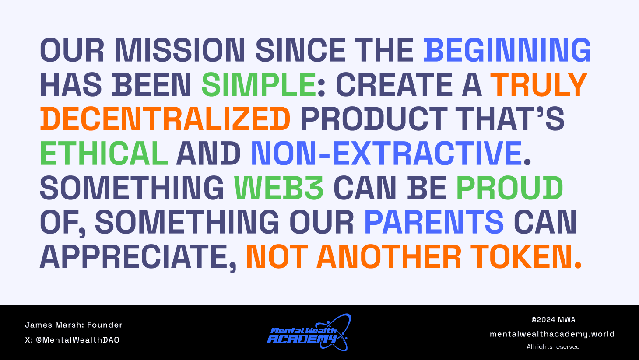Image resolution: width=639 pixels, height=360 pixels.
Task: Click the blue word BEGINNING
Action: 508,50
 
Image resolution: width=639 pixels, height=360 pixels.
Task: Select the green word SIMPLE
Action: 259,84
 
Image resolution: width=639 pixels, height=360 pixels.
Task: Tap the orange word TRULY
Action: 539,84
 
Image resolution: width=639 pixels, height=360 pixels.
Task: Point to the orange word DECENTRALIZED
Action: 165,119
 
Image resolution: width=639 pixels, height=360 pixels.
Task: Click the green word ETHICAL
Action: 104,153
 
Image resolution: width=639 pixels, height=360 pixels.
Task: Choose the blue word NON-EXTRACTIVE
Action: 386,153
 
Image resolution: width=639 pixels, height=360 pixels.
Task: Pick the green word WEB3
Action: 279,187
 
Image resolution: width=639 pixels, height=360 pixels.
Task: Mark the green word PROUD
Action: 509,187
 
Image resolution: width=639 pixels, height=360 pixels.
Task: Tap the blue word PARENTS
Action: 434,221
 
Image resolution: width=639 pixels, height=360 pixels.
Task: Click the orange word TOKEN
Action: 523,256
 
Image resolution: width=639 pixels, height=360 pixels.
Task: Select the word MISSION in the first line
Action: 180,50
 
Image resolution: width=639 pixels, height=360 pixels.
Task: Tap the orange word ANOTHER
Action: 389,256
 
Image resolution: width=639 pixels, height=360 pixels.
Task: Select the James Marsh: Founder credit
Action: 74,325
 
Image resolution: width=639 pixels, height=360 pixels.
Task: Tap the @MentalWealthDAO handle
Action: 77,340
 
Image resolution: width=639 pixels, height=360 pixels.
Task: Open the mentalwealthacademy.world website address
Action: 552,334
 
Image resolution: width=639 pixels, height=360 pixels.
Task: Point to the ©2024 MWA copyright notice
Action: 553,319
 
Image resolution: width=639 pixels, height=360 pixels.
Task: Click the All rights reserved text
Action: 553,346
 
